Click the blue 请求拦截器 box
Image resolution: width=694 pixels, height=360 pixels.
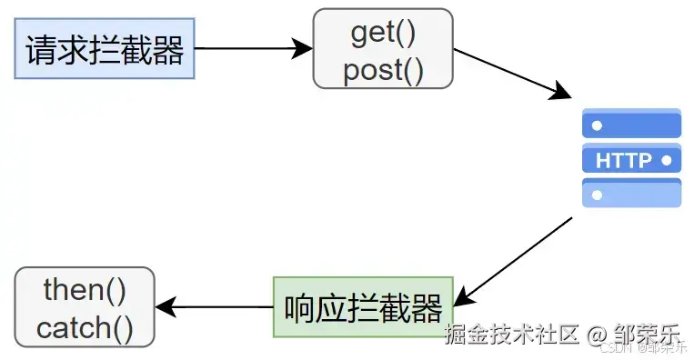click(105, 48)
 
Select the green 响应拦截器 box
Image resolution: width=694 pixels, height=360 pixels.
click(363, 307)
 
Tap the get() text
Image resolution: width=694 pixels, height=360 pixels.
click(383, 33)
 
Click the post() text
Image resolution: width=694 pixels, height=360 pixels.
click(383, 70)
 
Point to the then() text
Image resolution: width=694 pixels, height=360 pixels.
click(85, 290)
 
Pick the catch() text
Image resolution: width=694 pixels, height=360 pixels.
click(85, 327)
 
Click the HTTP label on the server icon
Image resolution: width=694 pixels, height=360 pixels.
click(623, 161)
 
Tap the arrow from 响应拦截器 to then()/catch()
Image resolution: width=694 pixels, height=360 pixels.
click(215, 307)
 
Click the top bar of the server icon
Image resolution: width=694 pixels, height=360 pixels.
click(631, 125)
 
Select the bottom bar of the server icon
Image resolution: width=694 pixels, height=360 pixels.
click(631, 194)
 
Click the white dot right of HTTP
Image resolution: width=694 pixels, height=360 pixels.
click(667, 161)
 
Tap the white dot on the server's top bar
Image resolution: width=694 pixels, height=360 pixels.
click(597, 125)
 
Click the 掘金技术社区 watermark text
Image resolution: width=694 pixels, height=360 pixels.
click(511, 334)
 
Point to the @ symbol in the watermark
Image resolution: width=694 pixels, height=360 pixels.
click(597, 335)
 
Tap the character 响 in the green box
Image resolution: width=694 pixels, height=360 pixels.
click(301, 308)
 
